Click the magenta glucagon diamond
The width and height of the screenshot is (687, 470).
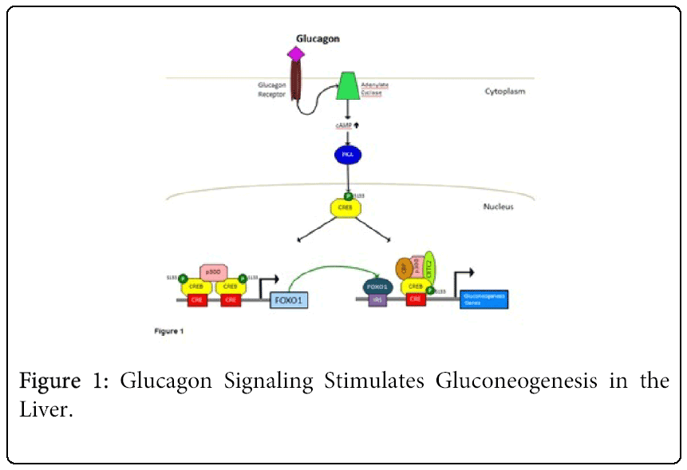click(296, 53)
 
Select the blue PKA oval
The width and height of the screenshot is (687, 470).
click(347, 154)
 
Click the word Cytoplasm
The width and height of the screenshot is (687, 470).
click(505, 91)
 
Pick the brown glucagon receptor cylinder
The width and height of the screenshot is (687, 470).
click(297, 81)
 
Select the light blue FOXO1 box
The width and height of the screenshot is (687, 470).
click(290, 302)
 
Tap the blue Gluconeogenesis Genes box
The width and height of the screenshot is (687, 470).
click(483, 298)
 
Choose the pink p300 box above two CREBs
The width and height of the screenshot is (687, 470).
click(213, 272)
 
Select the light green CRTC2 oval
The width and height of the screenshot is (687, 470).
click(430, 267)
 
